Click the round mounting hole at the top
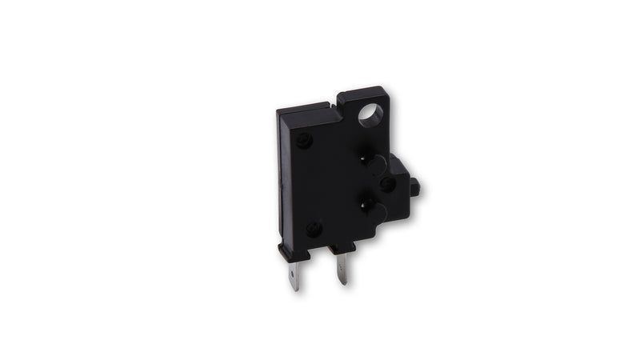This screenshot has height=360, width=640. click(x=370, y=116)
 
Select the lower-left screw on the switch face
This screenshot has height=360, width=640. click(x=314, y=228)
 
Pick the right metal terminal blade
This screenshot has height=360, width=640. click(x=342, y=267)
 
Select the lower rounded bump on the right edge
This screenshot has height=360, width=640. click(x=378, y=211)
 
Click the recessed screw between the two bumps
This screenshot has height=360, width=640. click(x=387, y=184)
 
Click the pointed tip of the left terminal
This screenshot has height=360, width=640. click(x=295, y=289)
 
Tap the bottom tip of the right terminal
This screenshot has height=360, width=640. click(x=344, y=283)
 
